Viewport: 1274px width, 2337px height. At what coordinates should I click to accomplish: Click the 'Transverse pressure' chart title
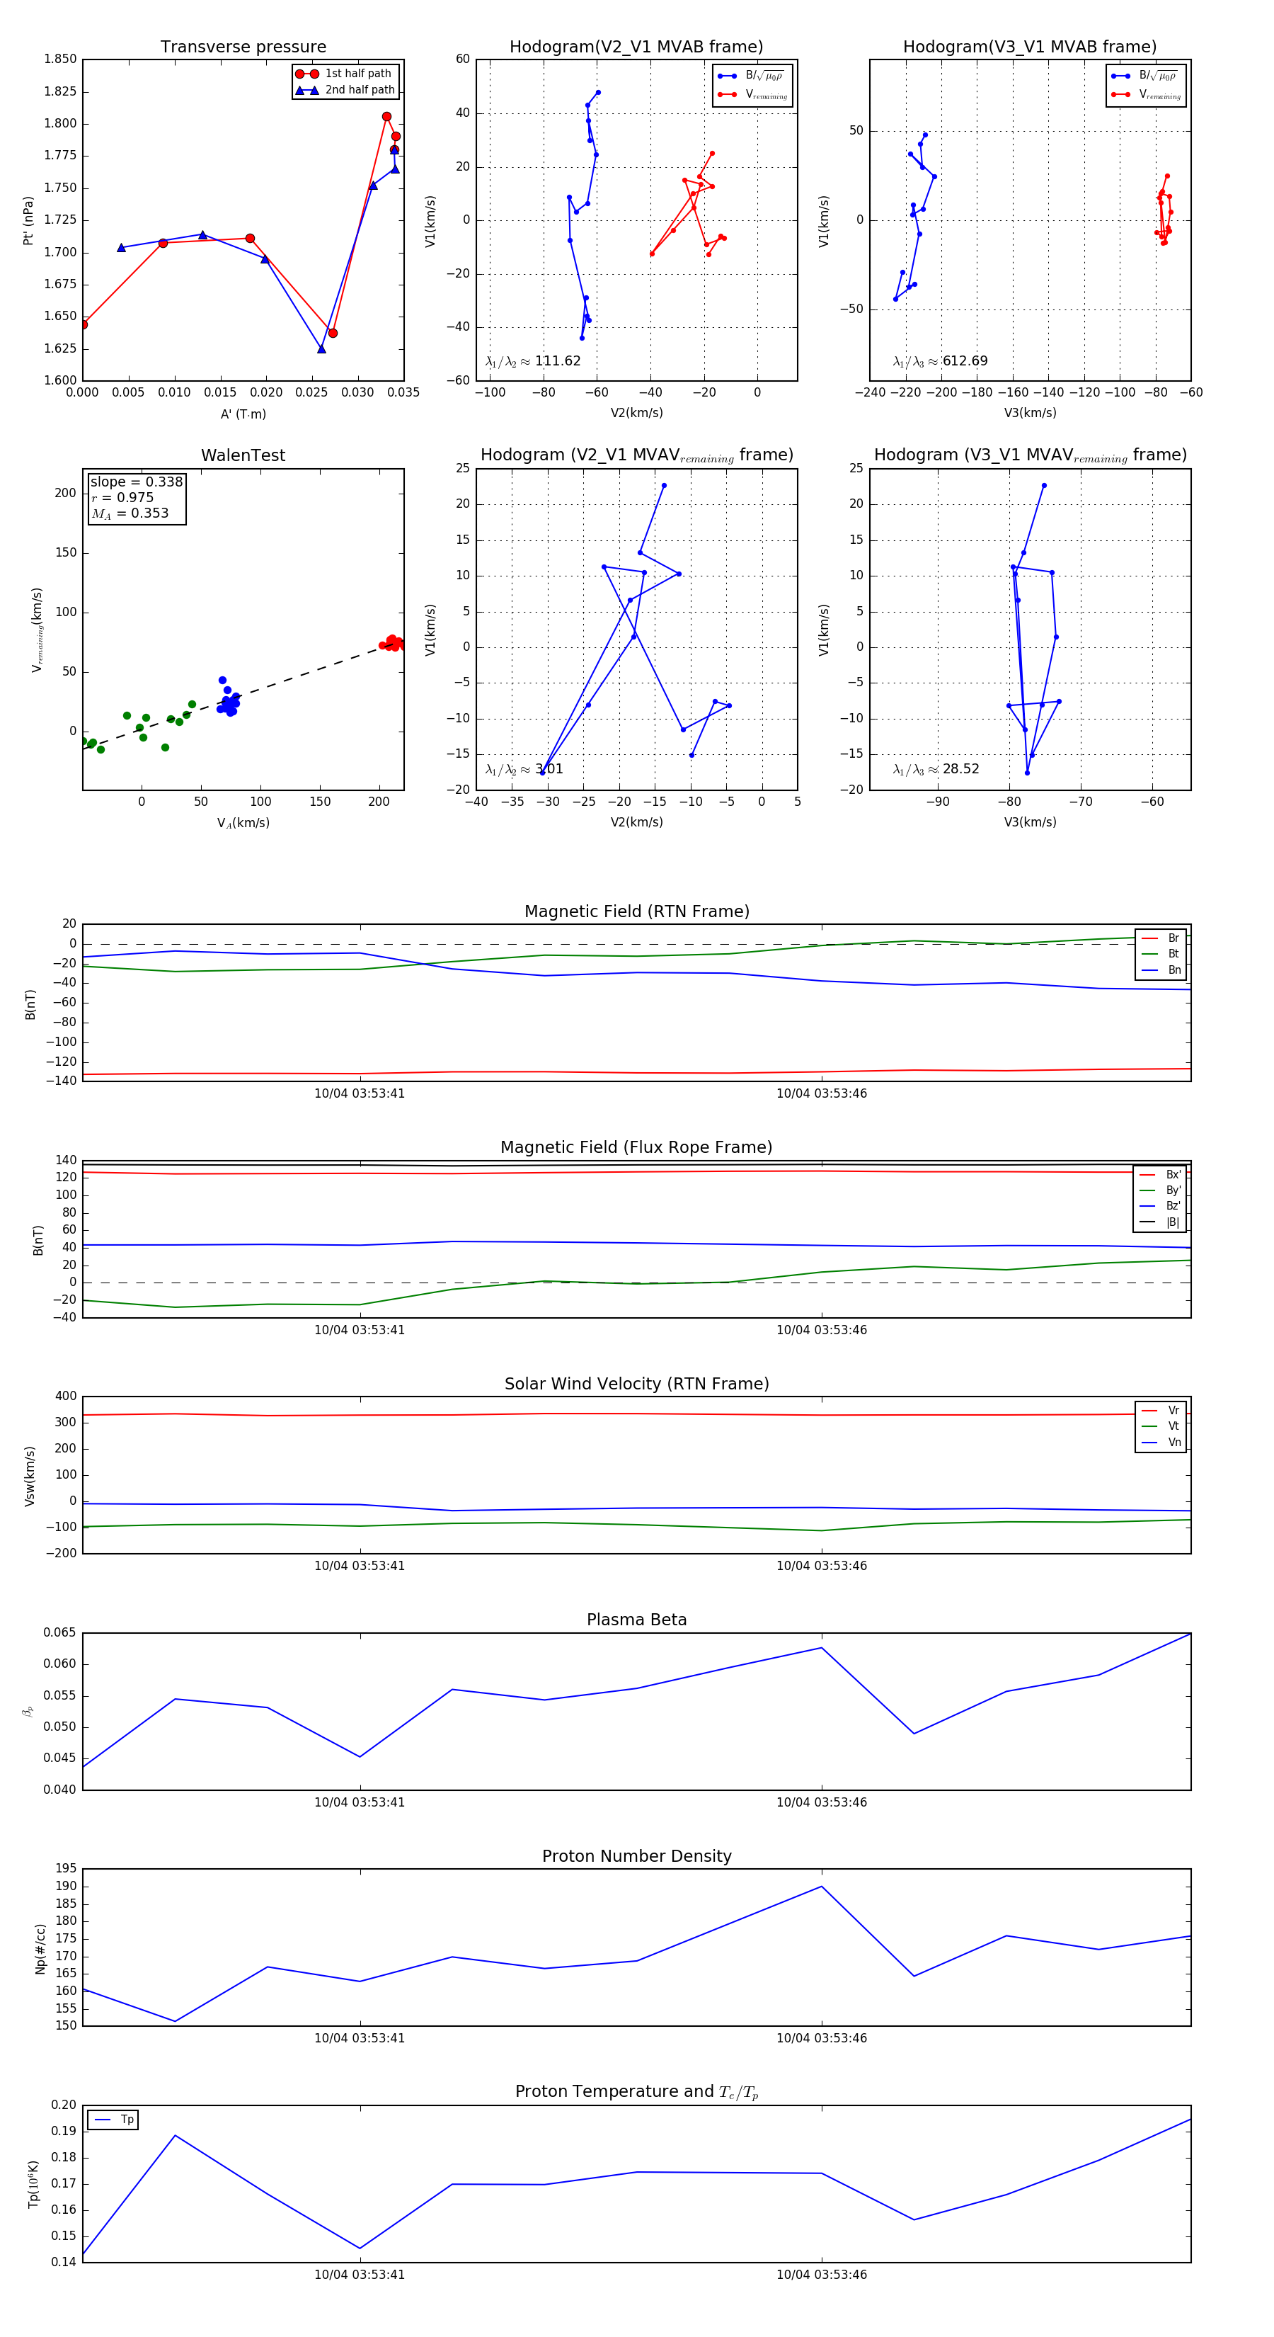coord(243,47)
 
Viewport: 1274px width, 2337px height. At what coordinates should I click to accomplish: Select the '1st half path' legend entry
coord(357,74)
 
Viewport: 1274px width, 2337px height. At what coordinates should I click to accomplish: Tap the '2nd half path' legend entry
coord(359,90)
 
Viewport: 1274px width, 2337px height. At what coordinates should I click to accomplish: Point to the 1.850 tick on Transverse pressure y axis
coord(61,59)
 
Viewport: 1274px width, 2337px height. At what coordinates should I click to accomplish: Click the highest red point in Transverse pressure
coord(386,117)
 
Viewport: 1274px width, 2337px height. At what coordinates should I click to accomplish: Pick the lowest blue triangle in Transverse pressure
coord(321,349)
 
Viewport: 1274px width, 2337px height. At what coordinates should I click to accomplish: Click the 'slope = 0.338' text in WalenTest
coord(136,482)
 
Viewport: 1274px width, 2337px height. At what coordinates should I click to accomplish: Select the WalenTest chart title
coord(243,455)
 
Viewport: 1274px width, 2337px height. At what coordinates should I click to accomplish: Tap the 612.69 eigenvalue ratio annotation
coord(964,361)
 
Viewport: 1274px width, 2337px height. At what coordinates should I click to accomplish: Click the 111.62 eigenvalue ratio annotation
coord(557,361)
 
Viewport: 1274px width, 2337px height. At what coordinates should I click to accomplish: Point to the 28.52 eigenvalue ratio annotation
coord(960,769)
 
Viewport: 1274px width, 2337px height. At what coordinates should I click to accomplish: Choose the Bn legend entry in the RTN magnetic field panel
coord(1173,970)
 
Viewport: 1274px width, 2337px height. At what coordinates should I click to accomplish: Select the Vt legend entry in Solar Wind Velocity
coord(1173,1426)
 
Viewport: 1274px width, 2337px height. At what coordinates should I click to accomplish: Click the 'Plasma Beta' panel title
coord(636,1620)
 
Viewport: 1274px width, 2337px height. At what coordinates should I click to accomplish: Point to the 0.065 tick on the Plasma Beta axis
coord(60,1632)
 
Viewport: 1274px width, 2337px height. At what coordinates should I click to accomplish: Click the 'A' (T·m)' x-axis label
coord(243,414)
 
